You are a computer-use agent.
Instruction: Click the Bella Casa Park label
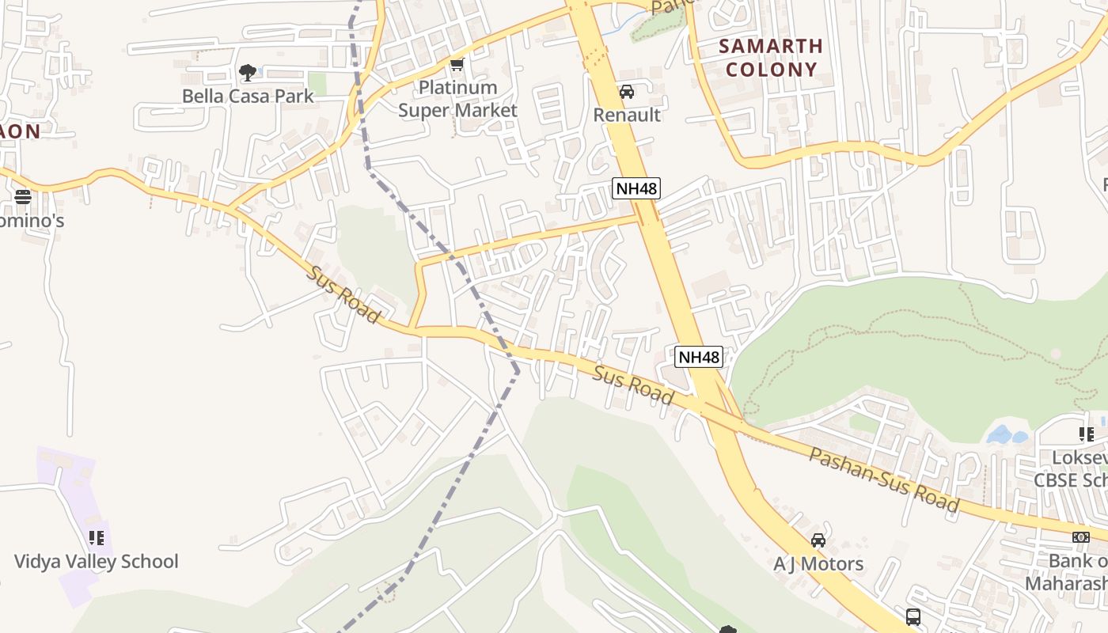(x=248, y=96)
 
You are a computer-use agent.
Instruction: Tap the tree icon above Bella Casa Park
(x=248, y=73)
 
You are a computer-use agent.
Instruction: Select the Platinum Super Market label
(x=457, y=99)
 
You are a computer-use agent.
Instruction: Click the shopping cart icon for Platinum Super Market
(x=457, y=65)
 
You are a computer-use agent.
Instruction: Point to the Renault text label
(x=627, y=115)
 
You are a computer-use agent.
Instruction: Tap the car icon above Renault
(x=627, y=92)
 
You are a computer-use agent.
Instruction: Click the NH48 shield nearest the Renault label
(x=636, y=188)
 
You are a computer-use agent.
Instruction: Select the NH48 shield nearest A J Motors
(x=699, y=357)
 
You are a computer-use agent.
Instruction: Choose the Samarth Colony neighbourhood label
(x=771, y=58)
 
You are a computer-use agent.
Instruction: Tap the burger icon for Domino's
(x=23, y=196)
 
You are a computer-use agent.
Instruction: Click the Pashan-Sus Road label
(x=883, y=480)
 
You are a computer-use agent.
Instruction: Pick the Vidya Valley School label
(x=97, y=562)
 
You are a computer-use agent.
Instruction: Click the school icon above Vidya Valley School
(x=97, y=538)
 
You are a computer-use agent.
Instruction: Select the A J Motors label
(x=818, y=564)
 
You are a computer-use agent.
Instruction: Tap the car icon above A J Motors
(x=818, y=541)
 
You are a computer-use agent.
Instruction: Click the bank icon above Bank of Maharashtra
(x=1080, y=537)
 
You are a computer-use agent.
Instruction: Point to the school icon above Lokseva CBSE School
(x=1086, y=434)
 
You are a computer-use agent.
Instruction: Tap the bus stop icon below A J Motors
(x=913, y=616)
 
